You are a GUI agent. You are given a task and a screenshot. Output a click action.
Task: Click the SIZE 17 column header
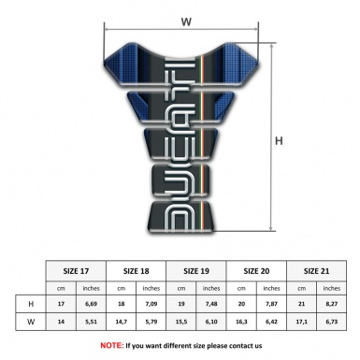point(77,271)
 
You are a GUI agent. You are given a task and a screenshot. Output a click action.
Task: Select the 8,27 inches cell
point(327,305)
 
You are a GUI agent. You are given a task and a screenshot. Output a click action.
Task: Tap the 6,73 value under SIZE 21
point(327,323)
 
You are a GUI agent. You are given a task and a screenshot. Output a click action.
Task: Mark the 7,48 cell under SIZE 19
point(210,305)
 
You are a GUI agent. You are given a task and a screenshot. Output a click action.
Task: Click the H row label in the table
point(32,305)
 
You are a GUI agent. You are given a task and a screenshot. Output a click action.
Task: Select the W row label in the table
point(32,323)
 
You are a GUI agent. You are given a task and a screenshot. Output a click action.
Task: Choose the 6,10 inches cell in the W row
point(210,323)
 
